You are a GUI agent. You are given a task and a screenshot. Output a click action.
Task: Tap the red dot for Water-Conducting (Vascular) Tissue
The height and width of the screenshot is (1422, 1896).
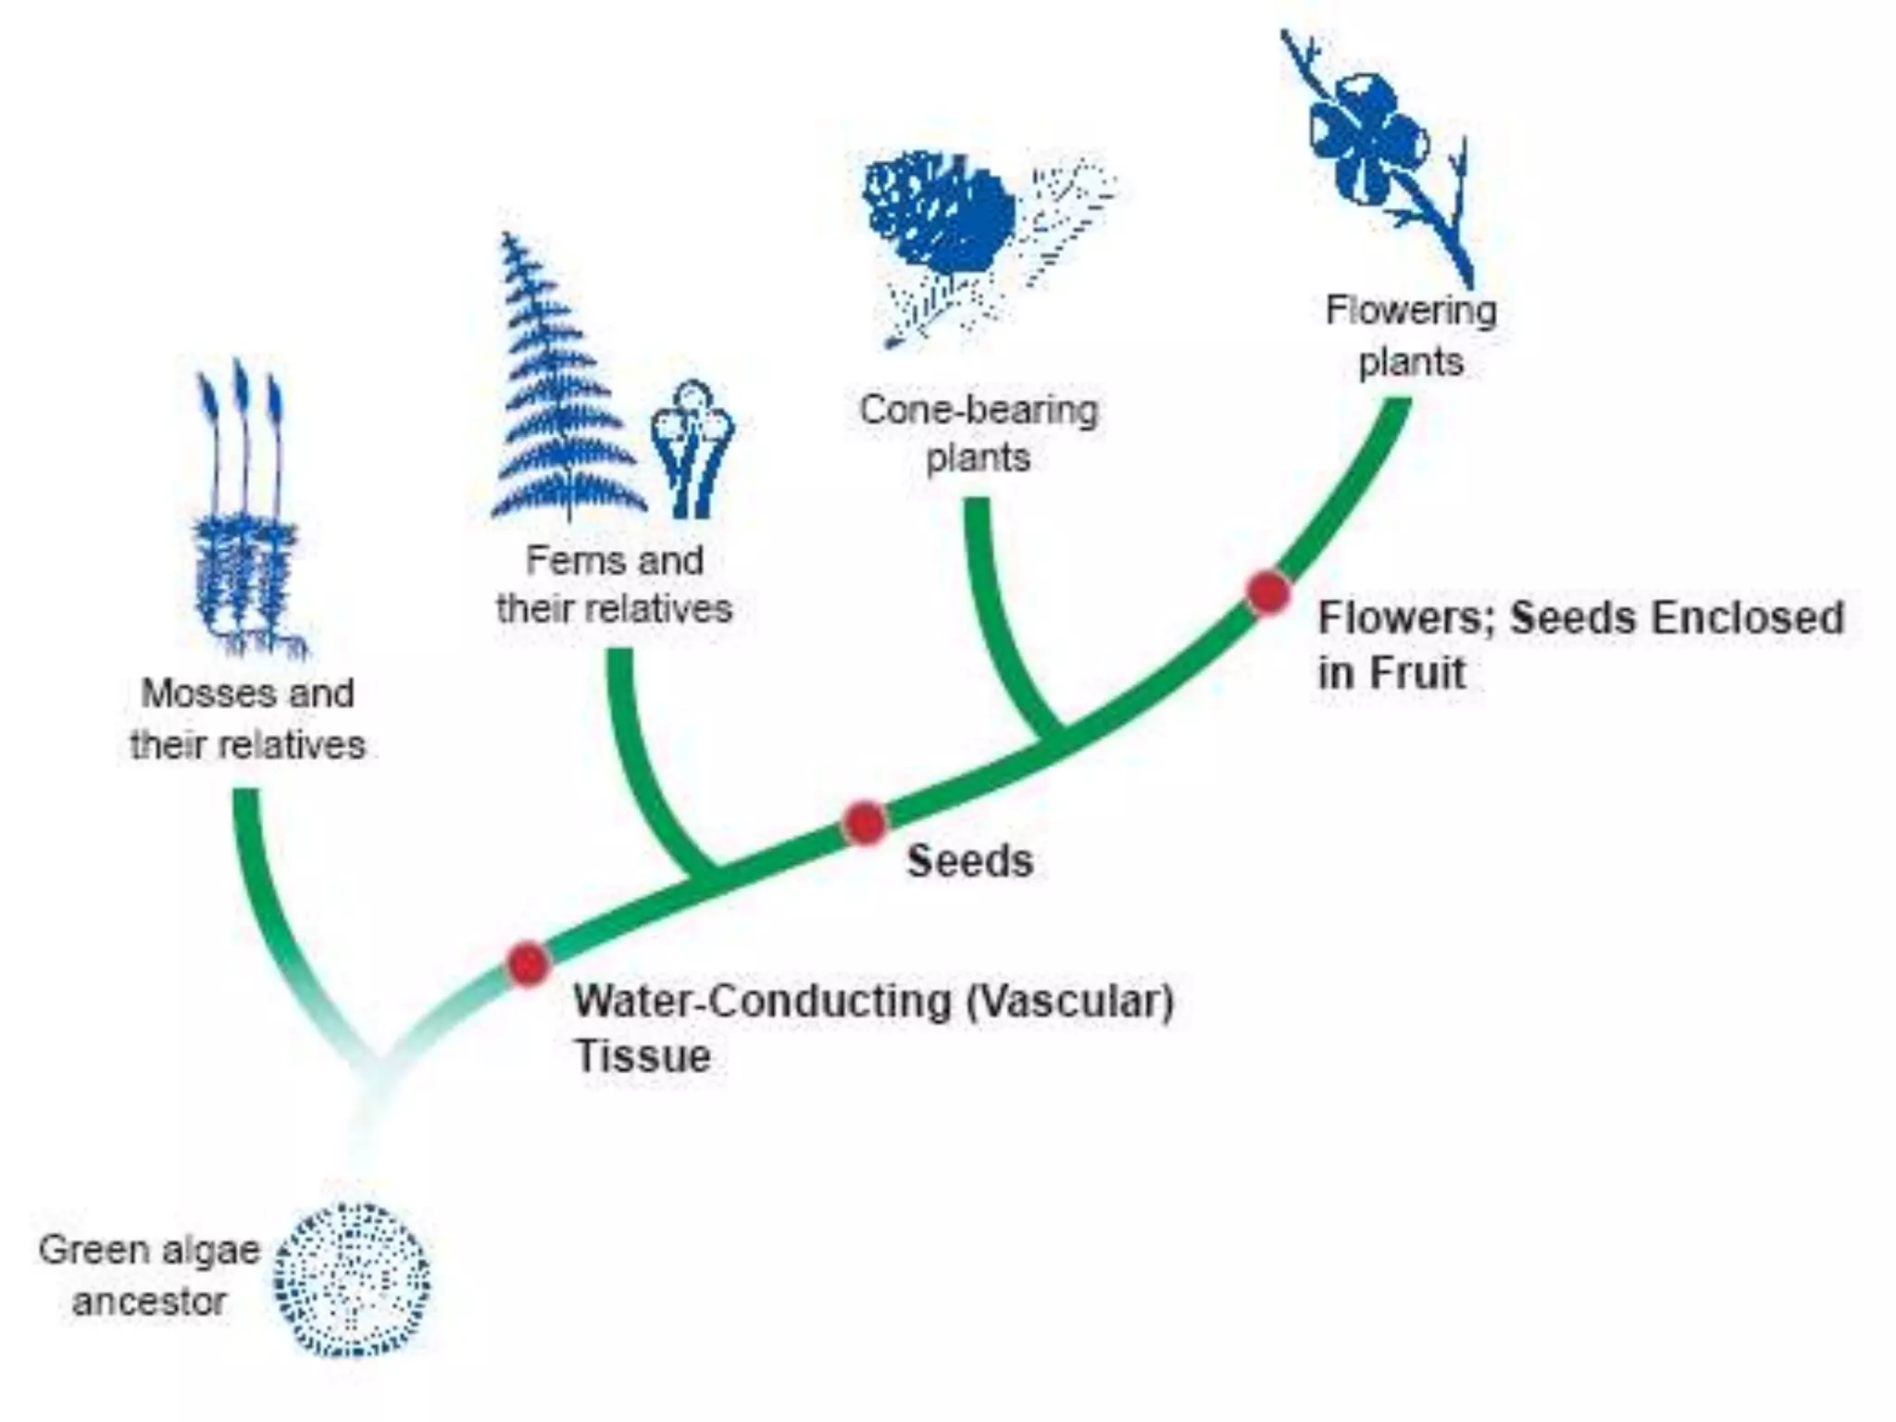[x=528, y=963]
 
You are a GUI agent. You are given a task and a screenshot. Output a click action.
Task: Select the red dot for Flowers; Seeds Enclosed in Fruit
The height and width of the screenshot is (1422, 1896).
[x=1267, y=591]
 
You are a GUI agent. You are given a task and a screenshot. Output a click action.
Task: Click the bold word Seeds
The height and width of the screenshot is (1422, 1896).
[x=969, y=861]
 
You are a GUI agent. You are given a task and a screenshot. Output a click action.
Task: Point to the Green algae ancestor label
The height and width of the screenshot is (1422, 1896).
[x=148, y=1276]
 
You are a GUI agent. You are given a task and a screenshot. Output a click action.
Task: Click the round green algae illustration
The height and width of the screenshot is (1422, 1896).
[x=353, y=1280]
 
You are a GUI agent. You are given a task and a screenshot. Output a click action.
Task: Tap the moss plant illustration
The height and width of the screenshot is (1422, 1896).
[x=246, y=518]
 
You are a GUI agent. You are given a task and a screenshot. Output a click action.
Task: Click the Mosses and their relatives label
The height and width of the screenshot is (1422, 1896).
[x=247, y=719]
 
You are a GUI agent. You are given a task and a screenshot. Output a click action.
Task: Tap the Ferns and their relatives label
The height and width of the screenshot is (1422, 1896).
[x=614, y=585]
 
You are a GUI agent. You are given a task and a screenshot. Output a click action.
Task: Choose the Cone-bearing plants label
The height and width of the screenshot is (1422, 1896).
[x=979, y=433]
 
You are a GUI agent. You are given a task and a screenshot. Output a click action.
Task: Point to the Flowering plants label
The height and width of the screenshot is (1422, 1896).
[x=1410, y=335]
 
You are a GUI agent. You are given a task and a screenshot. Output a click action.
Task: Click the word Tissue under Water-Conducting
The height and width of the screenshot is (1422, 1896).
[x=642, y=1056]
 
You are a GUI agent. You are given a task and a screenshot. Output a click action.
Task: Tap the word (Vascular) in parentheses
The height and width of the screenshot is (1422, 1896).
[x=1069, y=1002]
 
